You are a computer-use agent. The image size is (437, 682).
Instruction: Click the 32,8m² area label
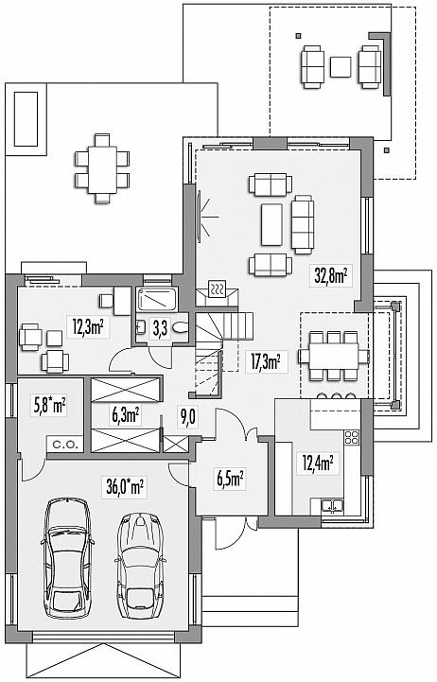(330, 276)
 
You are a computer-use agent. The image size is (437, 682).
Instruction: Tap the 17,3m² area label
(265, 360)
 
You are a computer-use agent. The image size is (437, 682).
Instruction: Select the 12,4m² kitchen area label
(318, 463)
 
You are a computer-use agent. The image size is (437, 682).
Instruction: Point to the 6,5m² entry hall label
(230, 480)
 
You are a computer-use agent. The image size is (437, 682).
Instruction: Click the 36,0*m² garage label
(125, 486)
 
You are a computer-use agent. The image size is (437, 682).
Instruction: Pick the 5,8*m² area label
(50, 407)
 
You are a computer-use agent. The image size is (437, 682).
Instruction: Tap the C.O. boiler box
(65, 445)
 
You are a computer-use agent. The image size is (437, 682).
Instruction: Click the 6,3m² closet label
(126, 415)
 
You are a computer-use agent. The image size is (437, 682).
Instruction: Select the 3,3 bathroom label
(160, 328)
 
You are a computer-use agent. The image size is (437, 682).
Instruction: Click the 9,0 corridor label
(188, 417)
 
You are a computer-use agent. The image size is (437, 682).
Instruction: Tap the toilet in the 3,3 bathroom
(180, 328)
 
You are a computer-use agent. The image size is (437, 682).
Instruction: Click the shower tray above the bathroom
(156, 299)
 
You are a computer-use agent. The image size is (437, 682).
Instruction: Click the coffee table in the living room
(271, 224)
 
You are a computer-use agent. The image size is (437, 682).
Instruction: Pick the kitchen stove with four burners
(351, 437)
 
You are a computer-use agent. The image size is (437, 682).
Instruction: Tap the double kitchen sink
(333, 506)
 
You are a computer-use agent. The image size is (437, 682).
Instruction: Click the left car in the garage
(68, 558)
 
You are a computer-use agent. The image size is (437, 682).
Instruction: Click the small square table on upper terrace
(341, 67)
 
